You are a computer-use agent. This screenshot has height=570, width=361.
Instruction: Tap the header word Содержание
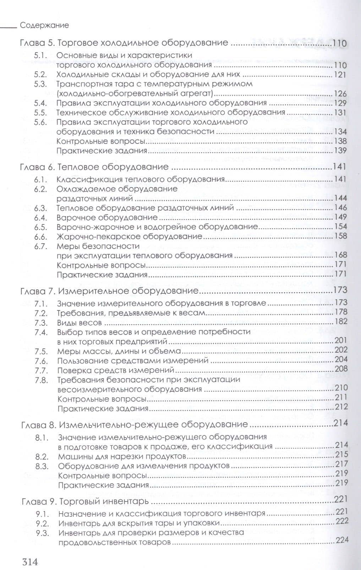44,26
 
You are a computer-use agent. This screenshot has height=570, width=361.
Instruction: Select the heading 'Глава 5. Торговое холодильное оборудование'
124,43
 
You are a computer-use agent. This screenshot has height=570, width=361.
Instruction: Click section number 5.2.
40,75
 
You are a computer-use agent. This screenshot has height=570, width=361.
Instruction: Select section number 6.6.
40,236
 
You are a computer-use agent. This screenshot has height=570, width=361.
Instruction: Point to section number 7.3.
41,323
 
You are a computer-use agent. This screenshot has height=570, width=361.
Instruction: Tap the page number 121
340,75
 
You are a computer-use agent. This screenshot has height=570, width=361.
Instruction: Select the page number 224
342,540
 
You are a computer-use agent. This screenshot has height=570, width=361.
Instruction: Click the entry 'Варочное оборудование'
107,217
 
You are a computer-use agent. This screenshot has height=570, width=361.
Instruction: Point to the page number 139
340,150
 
